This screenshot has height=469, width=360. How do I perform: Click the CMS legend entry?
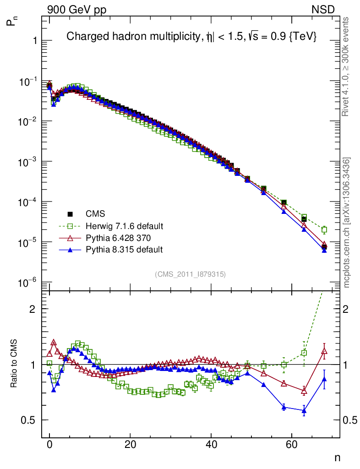(95, 214)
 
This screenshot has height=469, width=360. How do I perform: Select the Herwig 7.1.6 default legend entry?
(124, 226)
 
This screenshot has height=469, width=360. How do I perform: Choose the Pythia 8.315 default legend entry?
(124, 249)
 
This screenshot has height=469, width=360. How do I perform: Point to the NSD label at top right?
(323, 9)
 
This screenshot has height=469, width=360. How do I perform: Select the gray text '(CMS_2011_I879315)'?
(190, 274)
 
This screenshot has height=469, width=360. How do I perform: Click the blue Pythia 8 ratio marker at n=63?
(304, 411)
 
